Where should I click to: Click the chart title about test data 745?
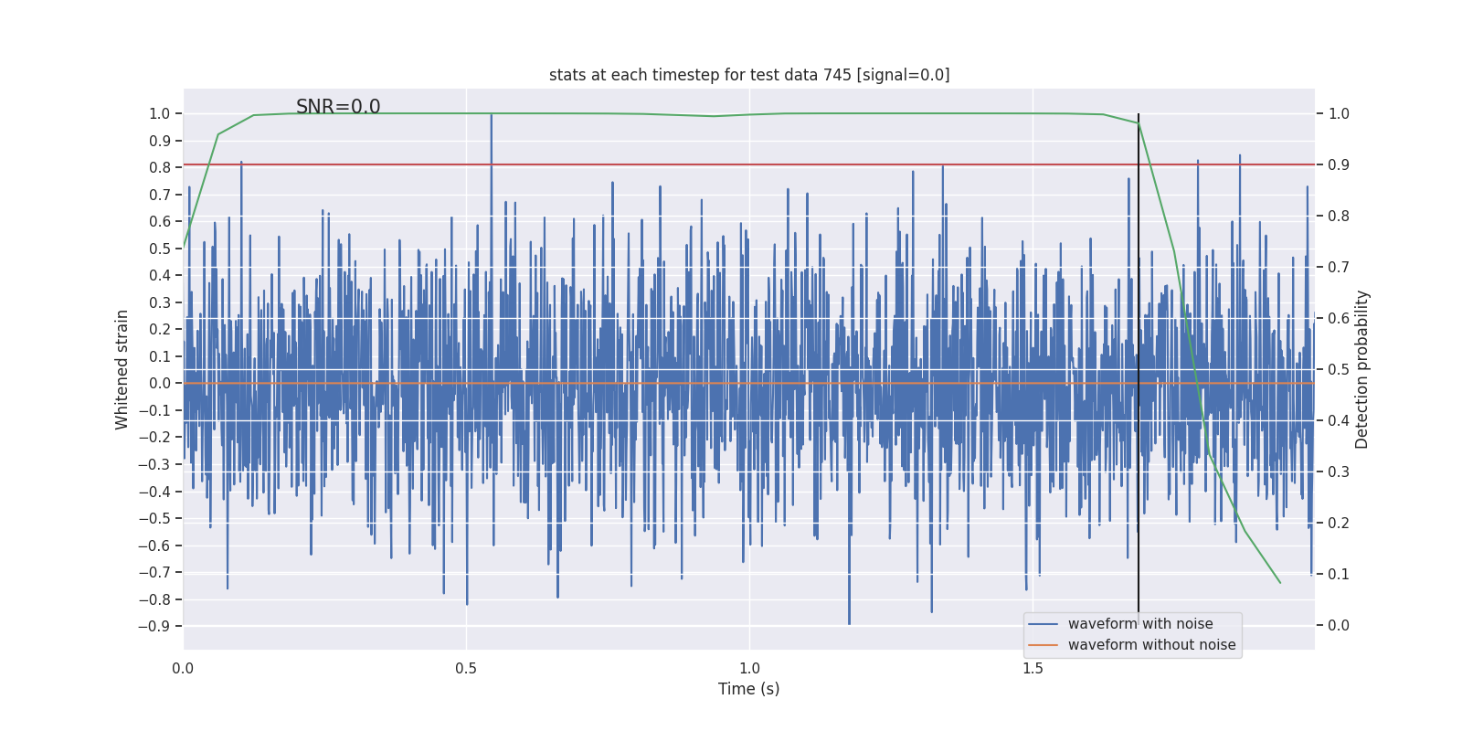pyautogui.click(x=749, y=75)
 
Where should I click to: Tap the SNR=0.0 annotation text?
pyautogui.click(x=338, y=107)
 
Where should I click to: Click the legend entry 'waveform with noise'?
pyautogui.click(x=1140, y=624)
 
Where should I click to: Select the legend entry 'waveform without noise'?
pyautogui.click(x=1151, y=645)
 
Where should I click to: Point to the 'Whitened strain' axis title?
pyautogui.click(x=122, y=369)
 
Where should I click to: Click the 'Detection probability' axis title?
pyautogui.click(x=1362, y=369)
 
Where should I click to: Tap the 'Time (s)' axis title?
pyautogui.click(x=749, y=689)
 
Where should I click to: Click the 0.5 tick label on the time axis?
pyautogui.click(x=466, y=669)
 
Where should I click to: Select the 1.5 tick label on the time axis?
pyautogui.click(x=1033, y=669)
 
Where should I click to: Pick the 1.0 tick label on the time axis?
pyautogui.click(x=749, y=669)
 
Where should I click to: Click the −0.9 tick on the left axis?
pyautogui.click(x=154, y=627)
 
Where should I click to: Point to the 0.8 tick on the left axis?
pyautogui.click(x=160, y=168)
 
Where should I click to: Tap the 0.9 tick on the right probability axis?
pyautogui.click(x=1339, y=165)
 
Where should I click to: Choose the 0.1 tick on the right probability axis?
pyautogui.click(x=1339, y=575)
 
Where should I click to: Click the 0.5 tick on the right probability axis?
pyautogui.click(x=1339, y=370)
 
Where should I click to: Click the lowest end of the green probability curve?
pyautogui.click(x=1279, y=582)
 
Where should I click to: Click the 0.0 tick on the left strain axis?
pyautogui.click(x=160, y=384)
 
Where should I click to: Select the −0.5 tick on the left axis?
pyautogui.click(x=154, y=519)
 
